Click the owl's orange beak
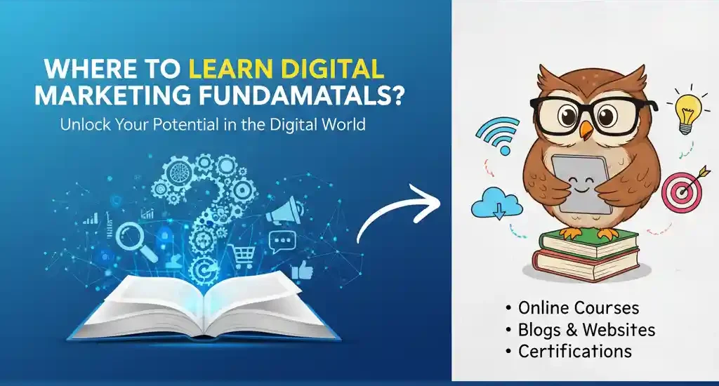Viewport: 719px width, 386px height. coord(586,130)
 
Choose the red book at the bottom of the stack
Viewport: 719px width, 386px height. coord(586,262)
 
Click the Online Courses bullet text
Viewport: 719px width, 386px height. coord(578,308)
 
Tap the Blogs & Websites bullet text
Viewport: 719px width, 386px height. coord(586,329)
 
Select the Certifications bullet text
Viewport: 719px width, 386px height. coord(574,350)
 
